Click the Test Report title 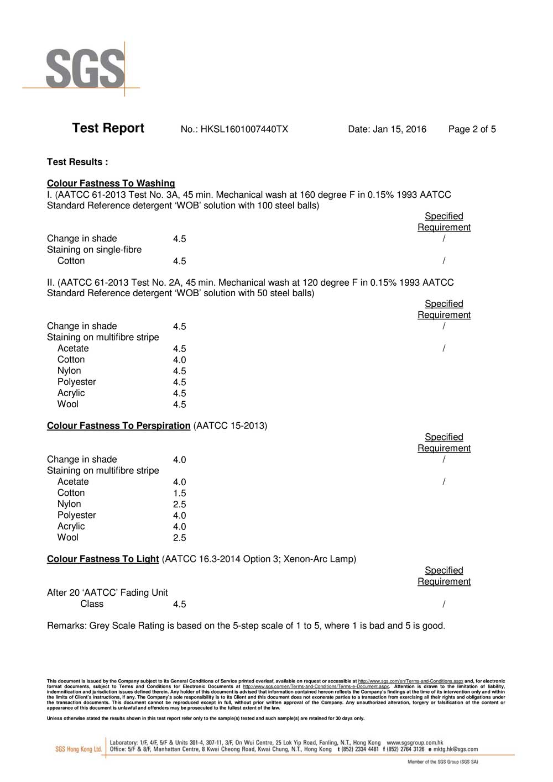tap(108, 128)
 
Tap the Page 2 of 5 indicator tap(472, 129)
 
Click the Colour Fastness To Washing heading tap(111, 183)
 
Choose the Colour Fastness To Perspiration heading tap(118, 426)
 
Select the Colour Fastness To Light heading tap(103, 559)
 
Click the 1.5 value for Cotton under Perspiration tap(179, 494)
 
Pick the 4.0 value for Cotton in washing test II tap(179, 360)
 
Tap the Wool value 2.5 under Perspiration tap(179, 538)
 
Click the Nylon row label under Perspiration tap(69, 504)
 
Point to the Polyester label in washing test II tap(76, 382)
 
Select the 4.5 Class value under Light tap(179, 605)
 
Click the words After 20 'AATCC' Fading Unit tap(107, 592)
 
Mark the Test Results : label tap(77, 162)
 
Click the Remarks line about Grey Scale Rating tap(246, 626)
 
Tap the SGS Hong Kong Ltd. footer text tap(79, 749)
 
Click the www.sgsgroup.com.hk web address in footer tap(415, 743)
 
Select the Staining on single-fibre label tap(94, 250)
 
